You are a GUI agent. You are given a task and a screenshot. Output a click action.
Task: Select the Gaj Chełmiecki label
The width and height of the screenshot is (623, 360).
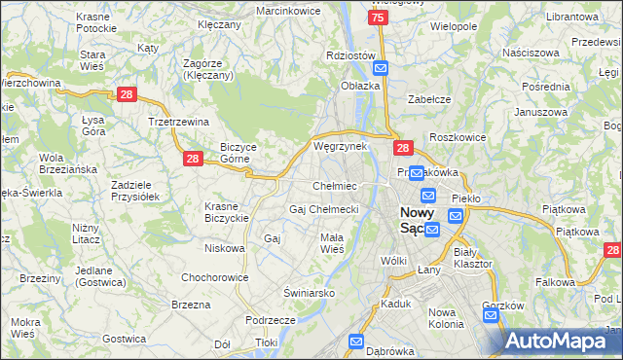tap(324, 208)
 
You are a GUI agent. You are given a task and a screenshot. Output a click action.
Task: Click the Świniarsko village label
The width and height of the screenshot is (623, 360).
tap(310, 292)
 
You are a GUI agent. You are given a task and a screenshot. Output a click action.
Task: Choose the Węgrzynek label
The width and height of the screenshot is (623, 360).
tap(340, 146)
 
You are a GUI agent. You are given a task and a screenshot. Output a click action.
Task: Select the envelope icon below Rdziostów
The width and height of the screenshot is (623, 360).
tap(381, 68)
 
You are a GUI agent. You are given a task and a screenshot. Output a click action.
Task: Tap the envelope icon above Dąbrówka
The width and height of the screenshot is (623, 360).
tap(356, 342)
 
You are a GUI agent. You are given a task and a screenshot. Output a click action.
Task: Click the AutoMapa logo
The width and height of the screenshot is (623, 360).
tap(564, 341)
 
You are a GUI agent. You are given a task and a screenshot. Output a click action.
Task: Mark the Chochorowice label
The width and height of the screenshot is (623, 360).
tap(212, 277)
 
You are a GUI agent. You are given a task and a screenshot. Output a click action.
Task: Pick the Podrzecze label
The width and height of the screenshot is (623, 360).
tap(271, 319)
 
